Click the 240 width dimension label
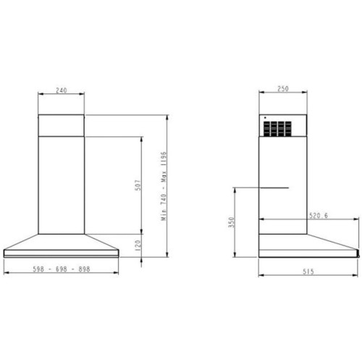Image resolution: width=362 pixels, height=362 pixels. (61, 90)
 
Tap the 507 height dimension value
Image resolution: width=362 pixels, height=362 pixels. (138, 185)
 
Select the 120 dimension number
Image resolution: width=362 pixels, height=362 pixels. (138, 247)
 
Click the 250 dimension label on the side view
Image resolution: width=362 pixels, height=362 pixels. (282, 90)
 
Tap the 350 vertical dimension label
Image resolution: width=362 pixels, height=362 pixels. (232, 222)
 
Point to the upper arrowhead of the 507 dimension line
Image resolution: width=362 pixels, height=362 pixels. (140, 137)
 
